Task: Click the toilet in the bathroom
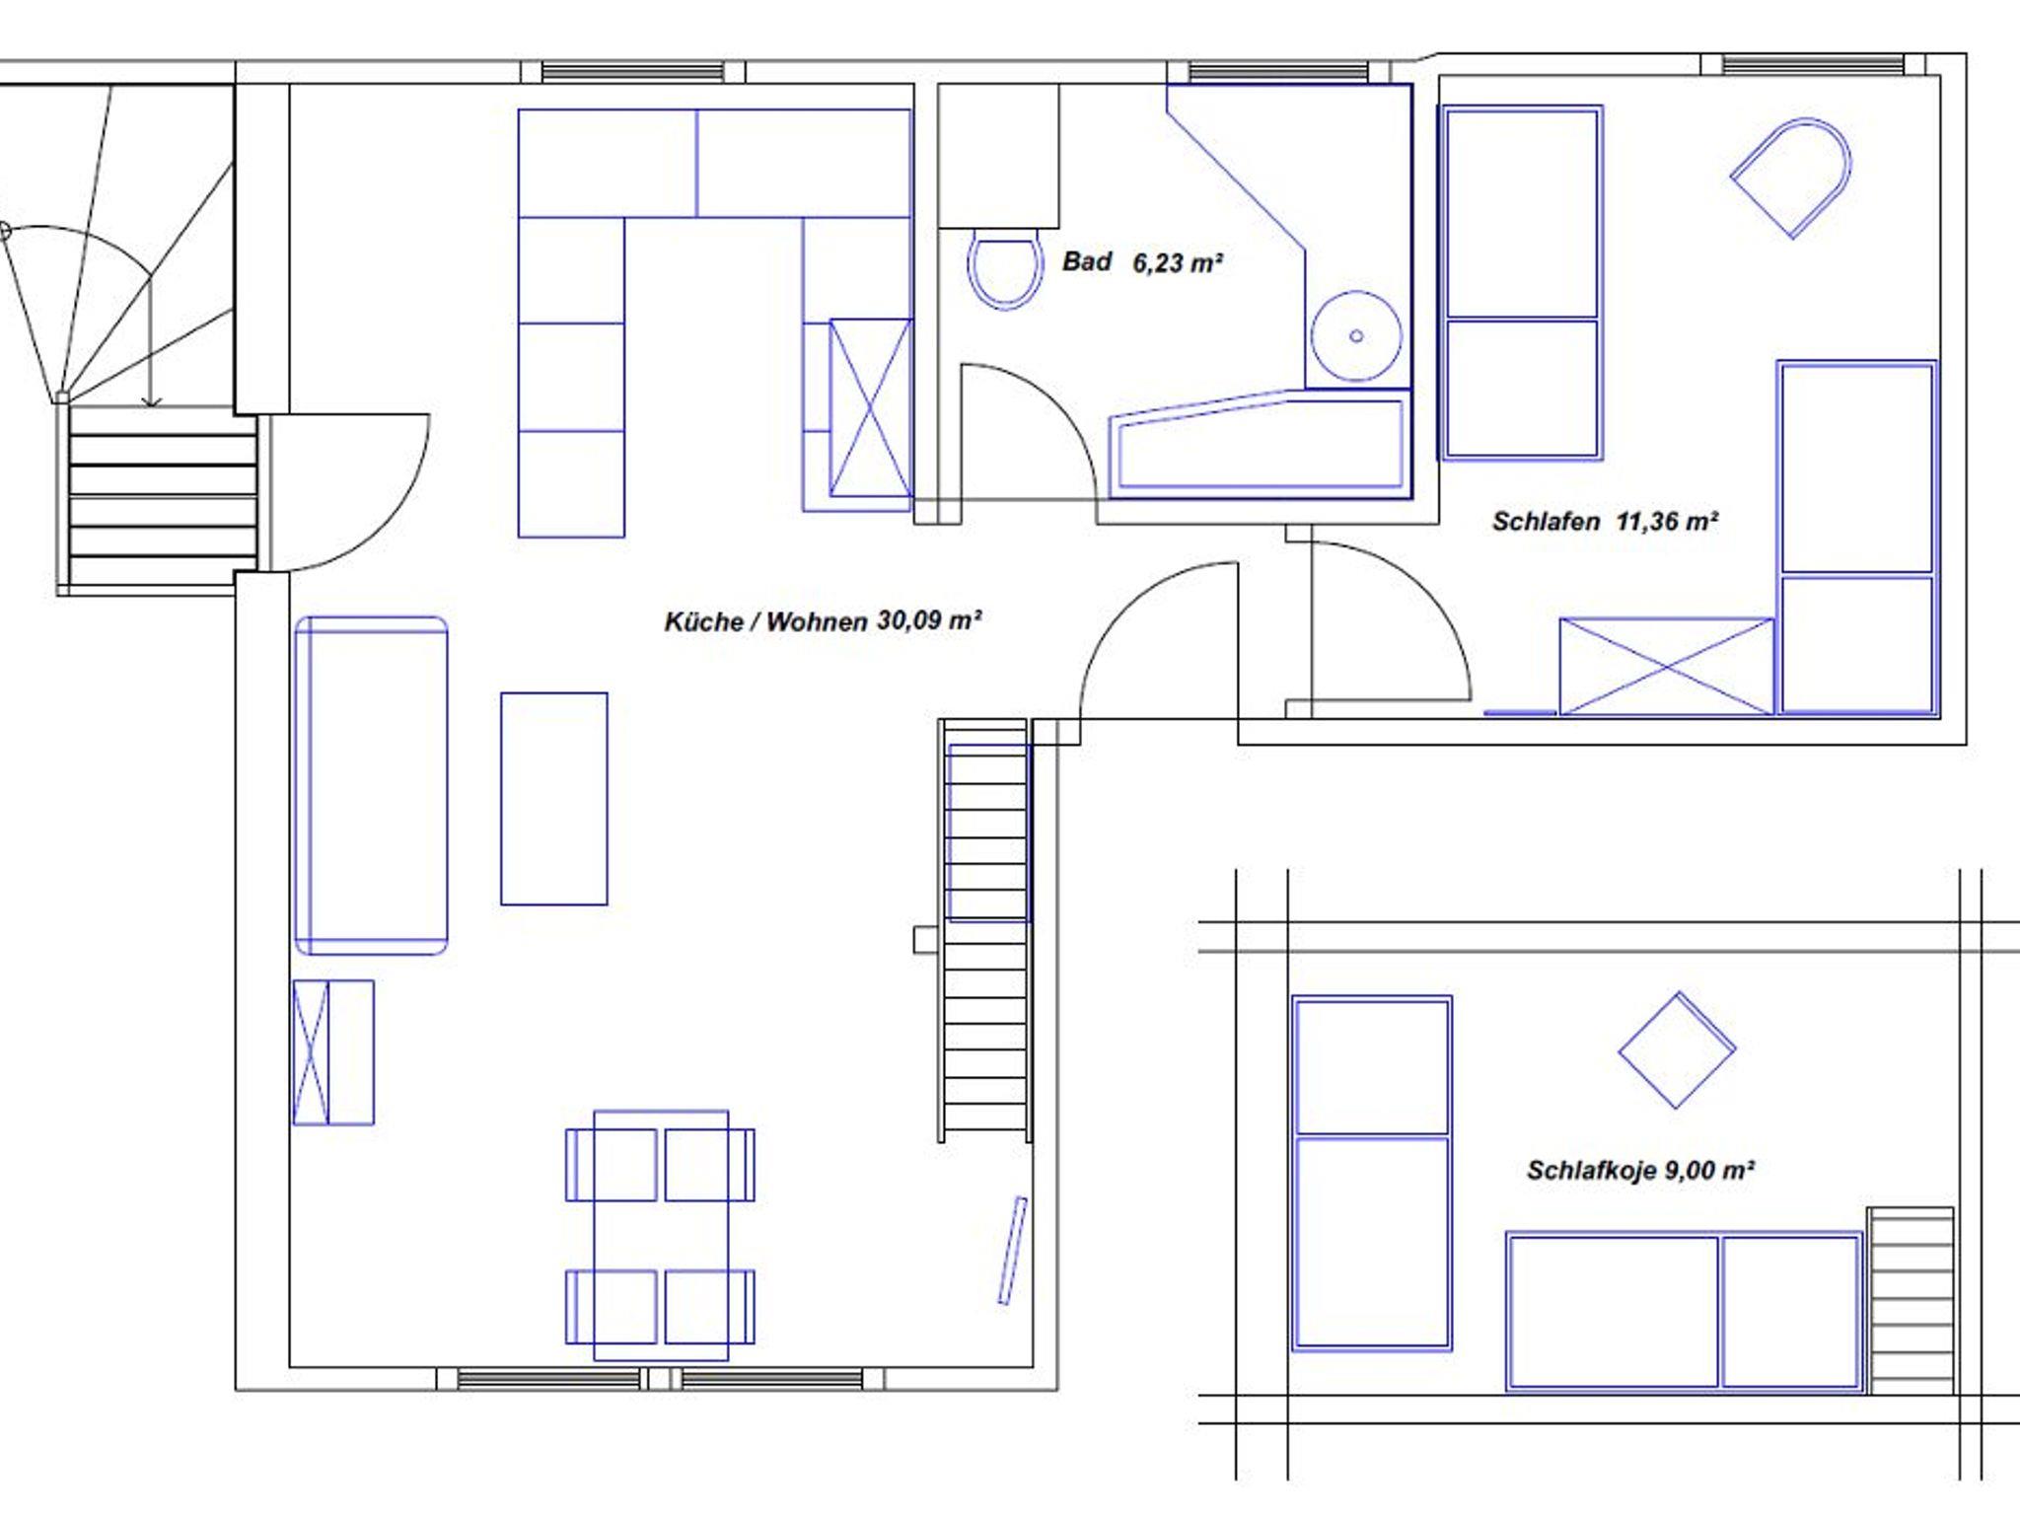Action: tap(1005, 268)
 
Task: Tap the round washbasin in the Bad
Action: tap(1356, 336)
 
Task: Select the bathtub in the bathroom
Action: tap(1261, 443)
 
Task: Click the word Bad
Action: tap(1087, 261)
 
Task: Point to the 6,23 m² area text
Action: tap(1178, 263)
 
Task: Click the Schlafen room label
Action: tap(1546, 522)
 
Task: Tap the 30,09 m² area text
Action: tap(929, 620)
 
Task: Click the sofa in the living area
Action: tap(372, 786)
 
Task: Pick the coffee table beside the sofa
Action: tap(554, 799)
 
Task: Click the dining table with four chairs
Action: tap(661, 1236)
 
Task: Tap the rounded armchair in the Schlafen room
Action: tap(1790, 178)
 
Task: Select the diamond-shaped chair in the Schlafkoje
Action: tap(1677, 1050)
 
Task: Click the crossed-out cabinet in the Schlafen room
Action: tap(1667, 666)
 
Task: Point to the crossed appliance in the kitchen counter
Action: tap(870, 407)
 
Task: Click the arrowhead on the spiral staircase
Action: tap(151, 400)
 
